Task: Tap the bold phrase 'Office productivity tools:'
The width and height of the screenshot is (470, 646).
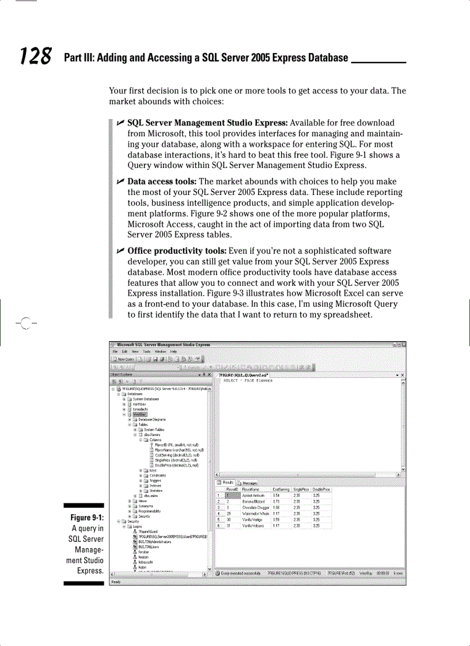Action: (x=177, y=251)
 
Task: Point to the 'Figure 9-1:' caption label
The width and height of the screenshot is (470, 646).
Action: (x=86, y=518)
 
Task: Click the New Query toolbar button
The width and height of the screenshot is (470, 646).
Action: (x=123, y=358)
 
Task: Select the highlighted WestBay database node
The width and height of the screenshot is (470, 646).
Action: (x=140, y=414)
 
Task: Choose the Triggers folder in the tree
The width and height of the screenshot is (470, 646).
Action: (x=155, y=480)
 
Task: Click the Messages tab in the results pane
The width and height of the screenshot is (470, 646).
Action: (x=248, y=483)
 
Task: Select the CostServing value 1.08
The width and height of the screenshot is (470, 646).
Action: (x=276, y=507)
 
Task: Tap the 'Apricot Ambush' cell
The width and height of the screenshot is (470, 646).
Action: (x=253, y=495)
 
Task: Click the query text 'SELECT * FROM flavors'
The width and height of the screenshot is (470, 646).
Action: (x=248, y=381)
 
